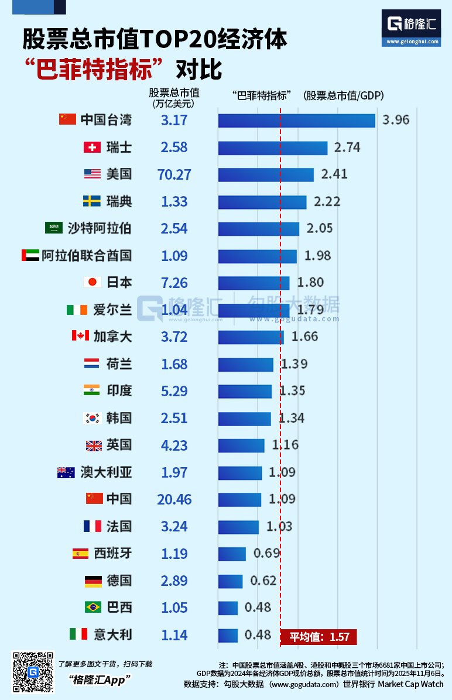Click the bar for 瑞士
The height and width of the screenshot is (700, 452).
(x=272, y=147)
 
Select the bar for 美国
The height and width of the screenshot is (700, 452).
(x=266, y=174)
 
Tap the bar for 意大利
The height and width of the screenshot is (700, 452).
(x=228, y=635)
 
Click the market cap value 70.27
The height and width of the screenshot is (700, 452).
(x=174, y=174)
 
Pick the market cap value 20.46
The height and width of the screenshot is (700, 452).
(x=174, y=499)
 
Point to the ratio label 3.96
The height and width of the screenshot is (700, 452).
(x=396, y=121)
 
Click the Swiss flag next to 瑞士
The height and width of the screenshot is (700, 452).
(x=92, y=147)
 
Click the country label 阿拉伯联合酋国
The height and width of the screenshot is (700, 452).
(x=87, y=256)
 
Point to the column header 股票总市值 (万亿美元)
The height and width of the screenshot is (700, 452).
(x=174, y=97)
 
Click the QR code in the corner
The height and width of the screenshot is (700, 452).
(x=33, y=672)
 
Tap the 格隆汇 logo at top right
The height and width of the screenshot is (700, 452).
(x=410, y=27)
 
